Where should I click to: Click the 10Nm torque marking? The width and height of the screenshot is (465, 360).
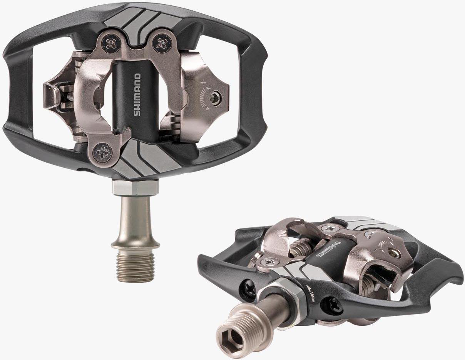coord(311,293)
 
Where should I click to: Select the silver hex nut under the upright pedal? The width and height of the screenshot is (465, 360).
coord(135,187)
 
